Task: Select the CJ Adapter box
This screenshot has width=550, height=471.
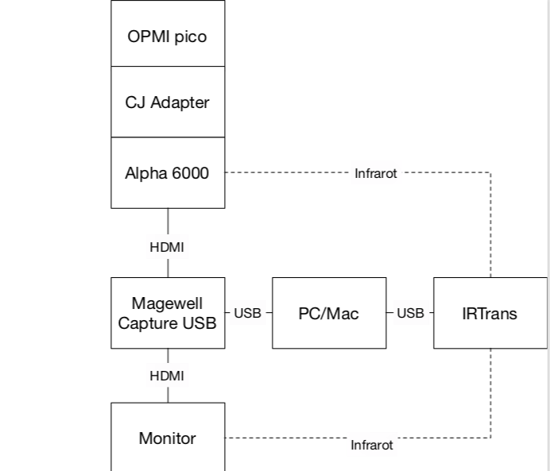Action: (x=168, y=102)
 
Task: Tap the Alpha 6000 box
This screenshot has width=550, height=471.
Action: (x=168, y=172)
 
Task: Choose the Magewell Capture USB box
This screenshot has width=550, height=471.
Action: (x=168, y=313)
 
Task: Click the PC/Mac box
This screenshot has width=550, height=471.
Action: (x=329, y=313)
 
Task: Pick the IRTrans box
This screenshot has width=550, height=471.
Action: (x=490, y=313)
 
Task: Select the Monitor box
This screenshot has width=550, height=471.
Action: (x=168, y=438)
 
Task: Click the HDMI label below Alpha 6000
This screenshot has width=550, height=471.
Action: (x=167, y=247)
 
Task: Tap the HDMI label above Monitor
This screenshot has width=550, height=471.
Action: (x=167, y=376)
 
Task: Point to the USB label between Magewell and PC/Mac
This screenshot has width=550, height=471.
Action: (x=248, y=313)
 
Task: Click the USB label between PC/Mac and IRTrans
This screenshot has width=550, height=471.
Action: (x=410, y=313)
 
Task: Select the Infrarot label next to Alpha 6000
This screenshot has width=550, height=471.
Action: (x=375, y=173)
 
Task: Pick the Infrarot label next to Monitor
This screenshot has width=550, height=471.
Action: (x=372, y=445)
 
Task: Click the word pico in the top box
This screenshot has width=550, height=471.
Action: (x=191, y=37)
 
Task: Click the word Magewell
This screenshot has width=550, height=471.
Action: (x=168, y=304)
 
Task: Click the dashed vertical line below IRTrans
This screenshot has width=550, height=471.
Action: (x=490, y=392)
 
